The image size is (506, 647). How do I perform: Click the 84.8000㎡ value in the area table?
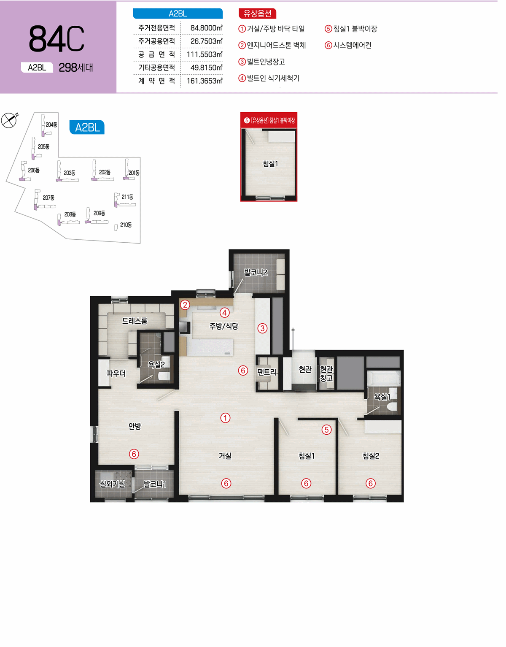click(206, 28)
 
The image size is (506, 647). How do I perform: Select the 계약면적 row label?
click(156, 81)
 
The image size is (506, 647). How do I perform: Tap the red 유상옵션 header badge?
click(257, 14)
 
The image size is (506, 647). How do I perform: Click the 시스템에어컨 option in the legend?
click(348, 45)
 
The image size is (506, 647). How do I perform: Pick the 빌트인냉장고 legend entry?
click(261, 62)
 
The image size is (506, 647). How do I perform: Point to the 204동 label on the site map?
click(51, 125)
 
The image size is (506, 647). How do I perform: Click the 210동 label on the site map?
click(126, 225)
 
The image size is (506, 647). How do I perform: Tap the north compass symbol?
click(9, 120)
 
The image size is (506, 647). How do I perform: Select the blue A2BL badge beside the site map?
click(87, 127)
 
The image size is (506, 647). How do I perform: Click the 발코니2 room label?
click(256, 273)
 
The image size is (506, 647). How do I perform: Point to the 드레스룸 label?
click(135, 321)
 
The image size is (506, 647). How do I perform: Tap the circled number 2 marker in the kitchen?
click(185, 305)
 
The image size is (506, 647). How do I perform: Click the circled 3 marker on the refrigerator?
click(262, 328)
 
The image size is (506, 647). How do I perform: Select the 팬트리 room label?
click(267, 372)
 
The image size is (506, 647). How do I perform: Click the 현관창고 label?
click(326, 374)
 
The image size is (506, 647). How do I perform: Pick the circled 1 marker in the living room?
click(225, 418)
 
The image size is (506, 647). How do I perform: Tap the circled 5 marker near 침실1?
click(327, 430)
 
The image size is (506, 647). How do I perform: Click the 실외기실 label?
click(113, 485)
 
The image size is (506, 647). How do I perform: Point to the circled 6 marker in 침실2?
click(371, 483)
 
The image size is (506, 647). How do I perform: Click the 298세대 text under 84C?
click(76, 68)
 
